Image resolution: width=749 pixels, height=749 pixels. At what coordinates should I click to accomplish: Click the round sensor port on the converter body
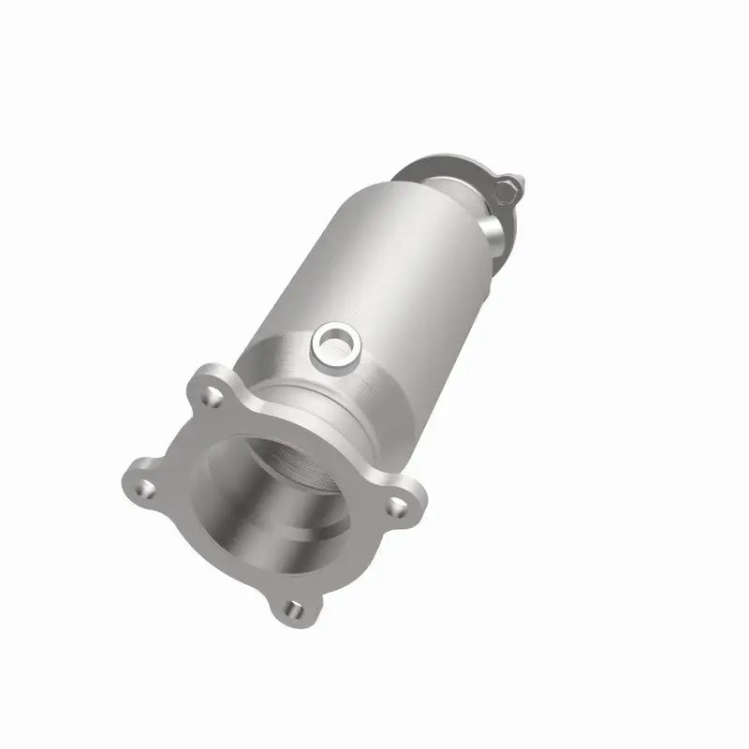pyautogui.click(x=331, y=345)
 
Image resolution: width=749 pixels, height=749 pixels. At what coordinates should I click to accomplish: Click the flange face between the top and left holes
pyautogui.click(x=173, y=431)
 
